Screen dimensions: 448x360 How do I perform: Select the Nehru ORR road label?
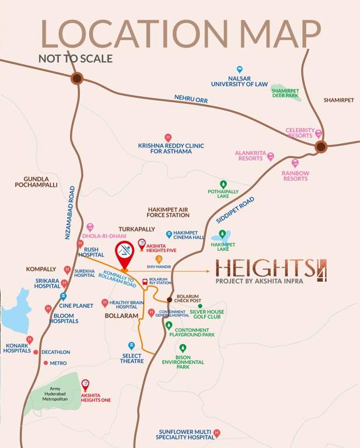click(x=191, y=100)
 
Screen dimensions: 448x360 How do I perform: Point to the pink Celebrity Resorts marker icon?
click(x=319, y=134)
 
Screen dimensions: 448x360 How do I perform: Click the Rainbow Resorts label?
click(x=295, y=176)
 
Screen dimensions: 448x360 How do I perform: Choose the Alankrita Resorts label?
click(x=250, y=155)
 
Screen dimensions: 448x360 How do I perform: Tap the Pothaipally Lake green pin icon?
click(x=223, y=184)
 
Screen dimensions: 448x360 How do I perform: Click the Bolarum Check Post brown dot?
click(x=170, y=299)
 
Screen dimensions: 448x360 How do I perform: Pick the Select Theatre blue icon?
click(x=132, y=345)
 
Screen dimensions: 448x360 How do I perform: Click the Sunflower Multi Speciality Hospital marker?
click(x=217, y=433)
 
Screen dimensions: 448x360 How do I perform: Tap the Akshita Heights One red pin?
click(x=85, y=384)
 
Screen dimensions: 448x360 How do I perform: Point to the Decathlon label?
click(x=55, y=352)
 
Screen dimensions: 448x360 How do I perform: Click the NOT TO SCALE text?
click(x=75, y=58)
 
